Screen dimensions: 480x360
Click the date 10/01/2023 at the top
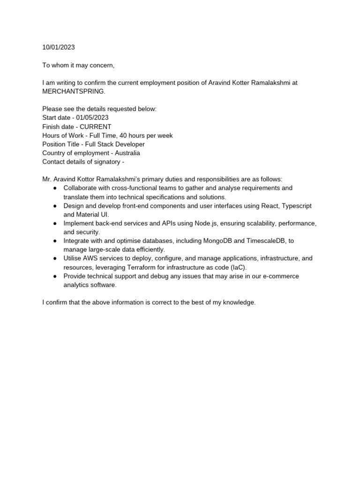coord(58,47)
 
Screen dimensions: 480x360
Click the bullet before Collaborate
coord(55,188)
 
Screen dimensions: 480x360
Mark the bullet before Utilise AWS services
coord(55,258)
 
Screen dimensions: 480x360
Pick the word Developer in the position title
coord(127,144)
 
